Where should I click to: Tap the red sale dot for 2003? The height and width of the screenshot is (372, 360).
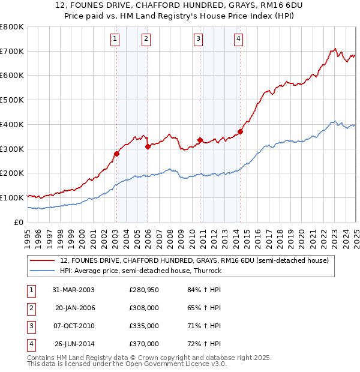117,154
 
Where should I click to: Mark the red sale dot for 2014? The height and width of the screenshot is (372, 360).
240,131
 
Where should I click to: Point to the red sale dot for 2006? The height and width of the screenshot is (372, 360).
148,146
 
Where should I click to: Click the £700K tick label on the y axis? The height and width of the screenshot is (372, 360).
11,51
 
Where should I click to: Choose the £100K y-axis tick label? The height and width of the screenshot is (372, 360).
11,197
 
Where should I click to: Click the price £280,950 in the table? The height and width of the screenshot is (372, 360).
144,290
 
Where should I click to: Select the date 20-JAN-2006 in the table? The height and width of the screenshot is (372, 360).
75,308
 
